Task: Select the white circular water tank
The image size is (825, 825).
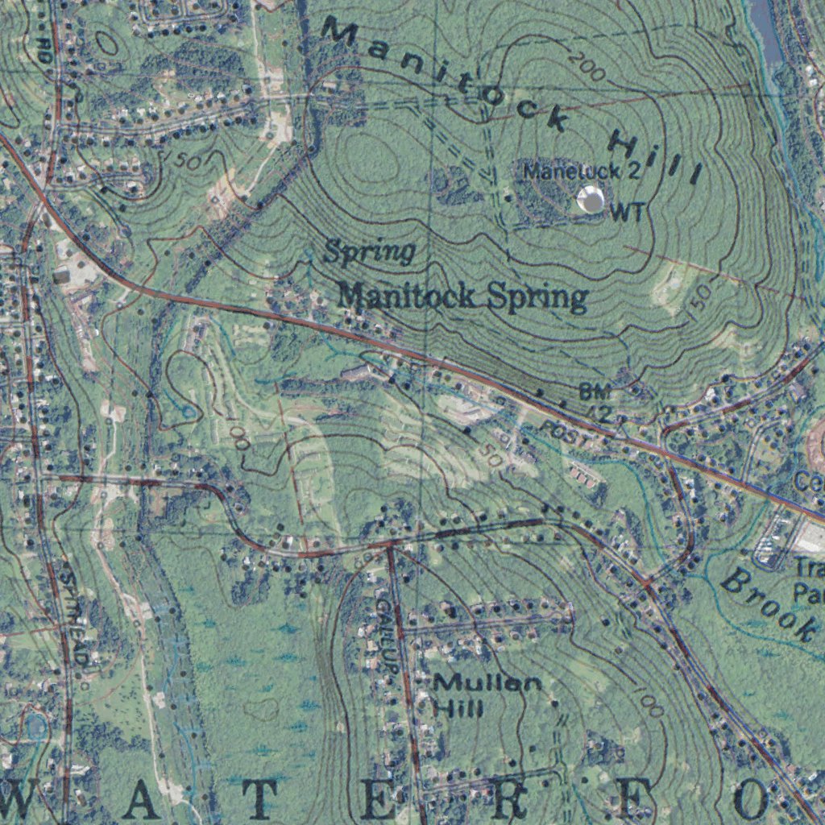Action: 591,199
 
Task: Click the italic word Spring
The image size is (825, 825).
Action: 369,252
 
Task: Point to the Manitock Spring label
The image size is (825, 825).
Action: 462,296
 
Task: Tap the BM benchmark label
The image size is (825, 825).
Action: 595,392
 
